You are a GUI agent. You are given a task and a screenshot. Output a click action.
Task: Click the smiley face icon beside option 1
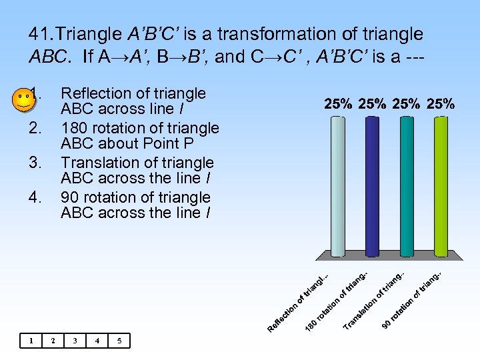(24, 101)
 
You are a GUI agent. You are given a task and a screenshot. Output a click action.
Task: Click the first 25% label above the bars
(339, 103)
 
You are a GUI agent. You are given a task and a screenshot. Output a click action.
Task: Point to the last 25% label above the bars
(440, 103)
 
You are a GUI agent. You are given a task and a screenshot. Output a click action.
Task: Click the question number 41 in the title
(41, 33)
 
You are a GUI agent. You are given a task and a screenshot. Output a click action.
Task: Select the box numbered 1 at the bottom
(30, 341)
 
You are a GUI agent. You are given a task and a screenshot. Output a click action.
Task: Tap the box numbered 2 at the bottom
(53, 341)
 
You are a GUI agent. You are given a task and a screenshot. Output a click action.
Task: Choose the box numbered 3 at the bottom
(75, 341)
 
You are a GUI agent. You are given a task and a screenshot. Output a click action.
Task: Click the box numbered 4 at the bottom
(98, 341)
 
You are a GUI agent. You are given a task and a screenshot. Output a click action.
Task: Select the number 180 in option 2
(73, 128)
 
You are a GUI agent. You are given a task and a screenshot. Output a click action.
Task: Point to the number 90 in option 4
(69, 197)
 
